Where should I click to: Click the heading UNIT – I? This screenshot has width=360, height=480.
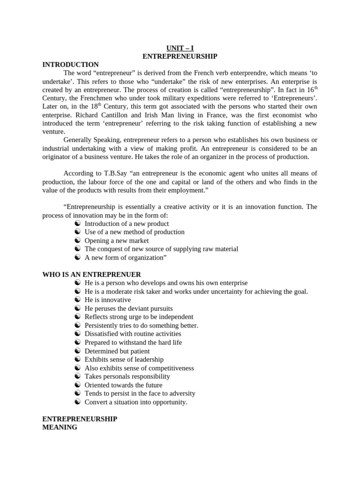pos(180,48)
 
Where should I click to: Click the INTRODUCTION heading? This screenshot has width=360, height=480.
pos(70,65)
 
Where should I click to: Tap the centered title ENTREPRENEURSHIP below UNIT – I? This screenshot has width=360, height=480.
pos(180,56)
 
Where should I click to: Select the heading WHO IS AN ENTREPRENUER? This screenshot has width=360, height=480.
pos(91,274)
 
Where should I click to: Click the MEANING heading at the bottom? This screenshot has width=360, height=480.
pos(60,427)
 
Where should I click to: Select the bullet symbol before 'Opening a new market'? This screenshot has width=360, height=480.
pos(77,240)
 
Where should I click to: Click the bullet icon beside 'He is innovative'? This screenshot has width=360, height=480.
pos(77,300)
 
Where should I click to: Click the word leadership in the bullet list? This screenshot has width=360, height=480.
pos(147,360)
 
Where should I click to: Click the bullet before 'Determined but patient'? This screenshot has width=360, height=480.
pos(77,351)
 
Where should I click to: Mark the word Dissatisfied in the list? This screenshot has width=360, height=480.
pos(103,334)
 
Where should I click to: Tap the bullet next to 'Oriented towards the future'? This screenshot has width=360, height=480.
pos(77,385)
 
